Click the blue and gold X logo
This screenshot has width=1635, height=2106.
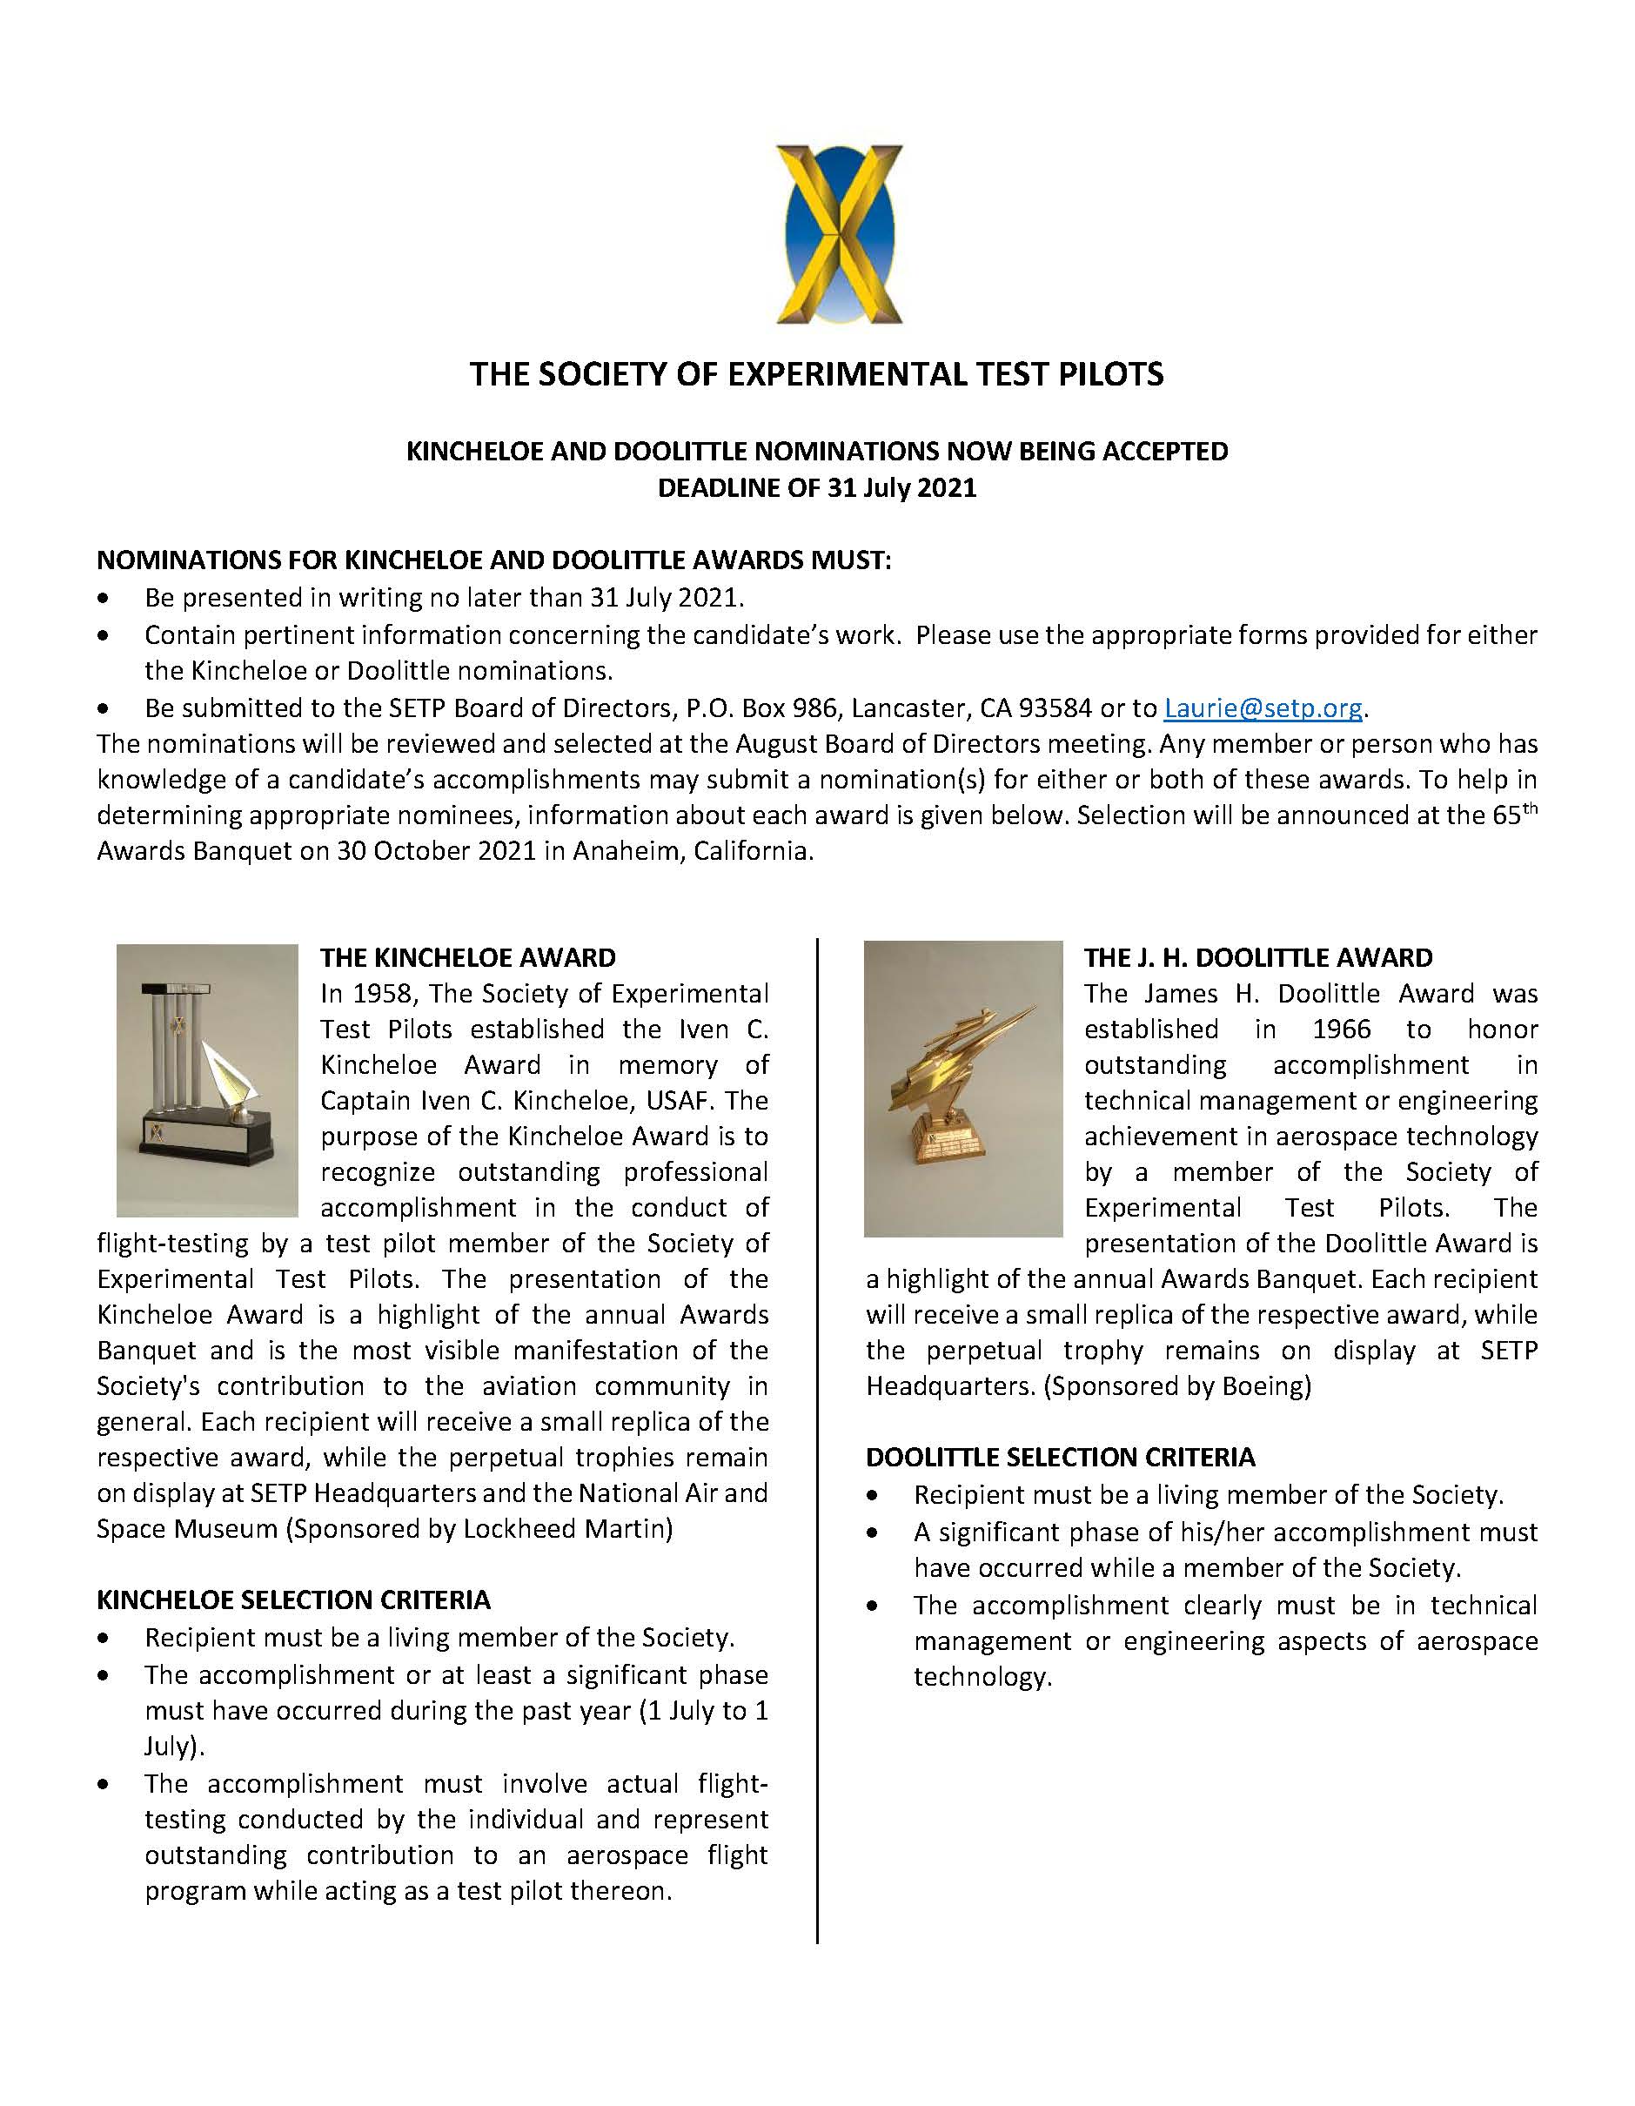[x=839, y=234]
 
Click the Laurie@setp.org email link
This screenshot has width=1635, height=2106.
[x=1263, y=708]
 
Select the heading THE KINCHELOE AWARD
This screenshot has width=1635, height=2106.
[x=467, y=957]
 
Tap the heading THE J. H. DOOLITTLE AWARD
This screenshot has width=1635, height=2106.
[x=1258, y=957]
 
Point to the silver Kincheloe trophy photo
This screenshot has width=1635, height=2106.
[x=206, y=1080]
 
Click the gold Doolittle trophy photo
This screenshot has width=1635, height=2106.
[x=962, y=1088]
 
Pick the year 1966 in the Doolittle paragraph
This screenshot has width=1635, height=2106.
[x=1341, y=1030]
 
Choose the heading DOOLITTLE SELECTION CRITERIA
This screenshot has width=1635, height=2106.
[x=1061, y=1457]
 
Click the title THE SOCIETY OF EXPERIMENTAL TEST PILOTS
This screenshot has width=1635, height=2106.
[x=816, y=374]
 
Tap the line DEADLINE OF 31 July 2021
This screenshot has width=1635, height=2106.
[x=816, y=488]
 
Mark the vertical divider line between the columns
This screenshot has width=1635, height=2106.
[x=818, y=1446]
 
